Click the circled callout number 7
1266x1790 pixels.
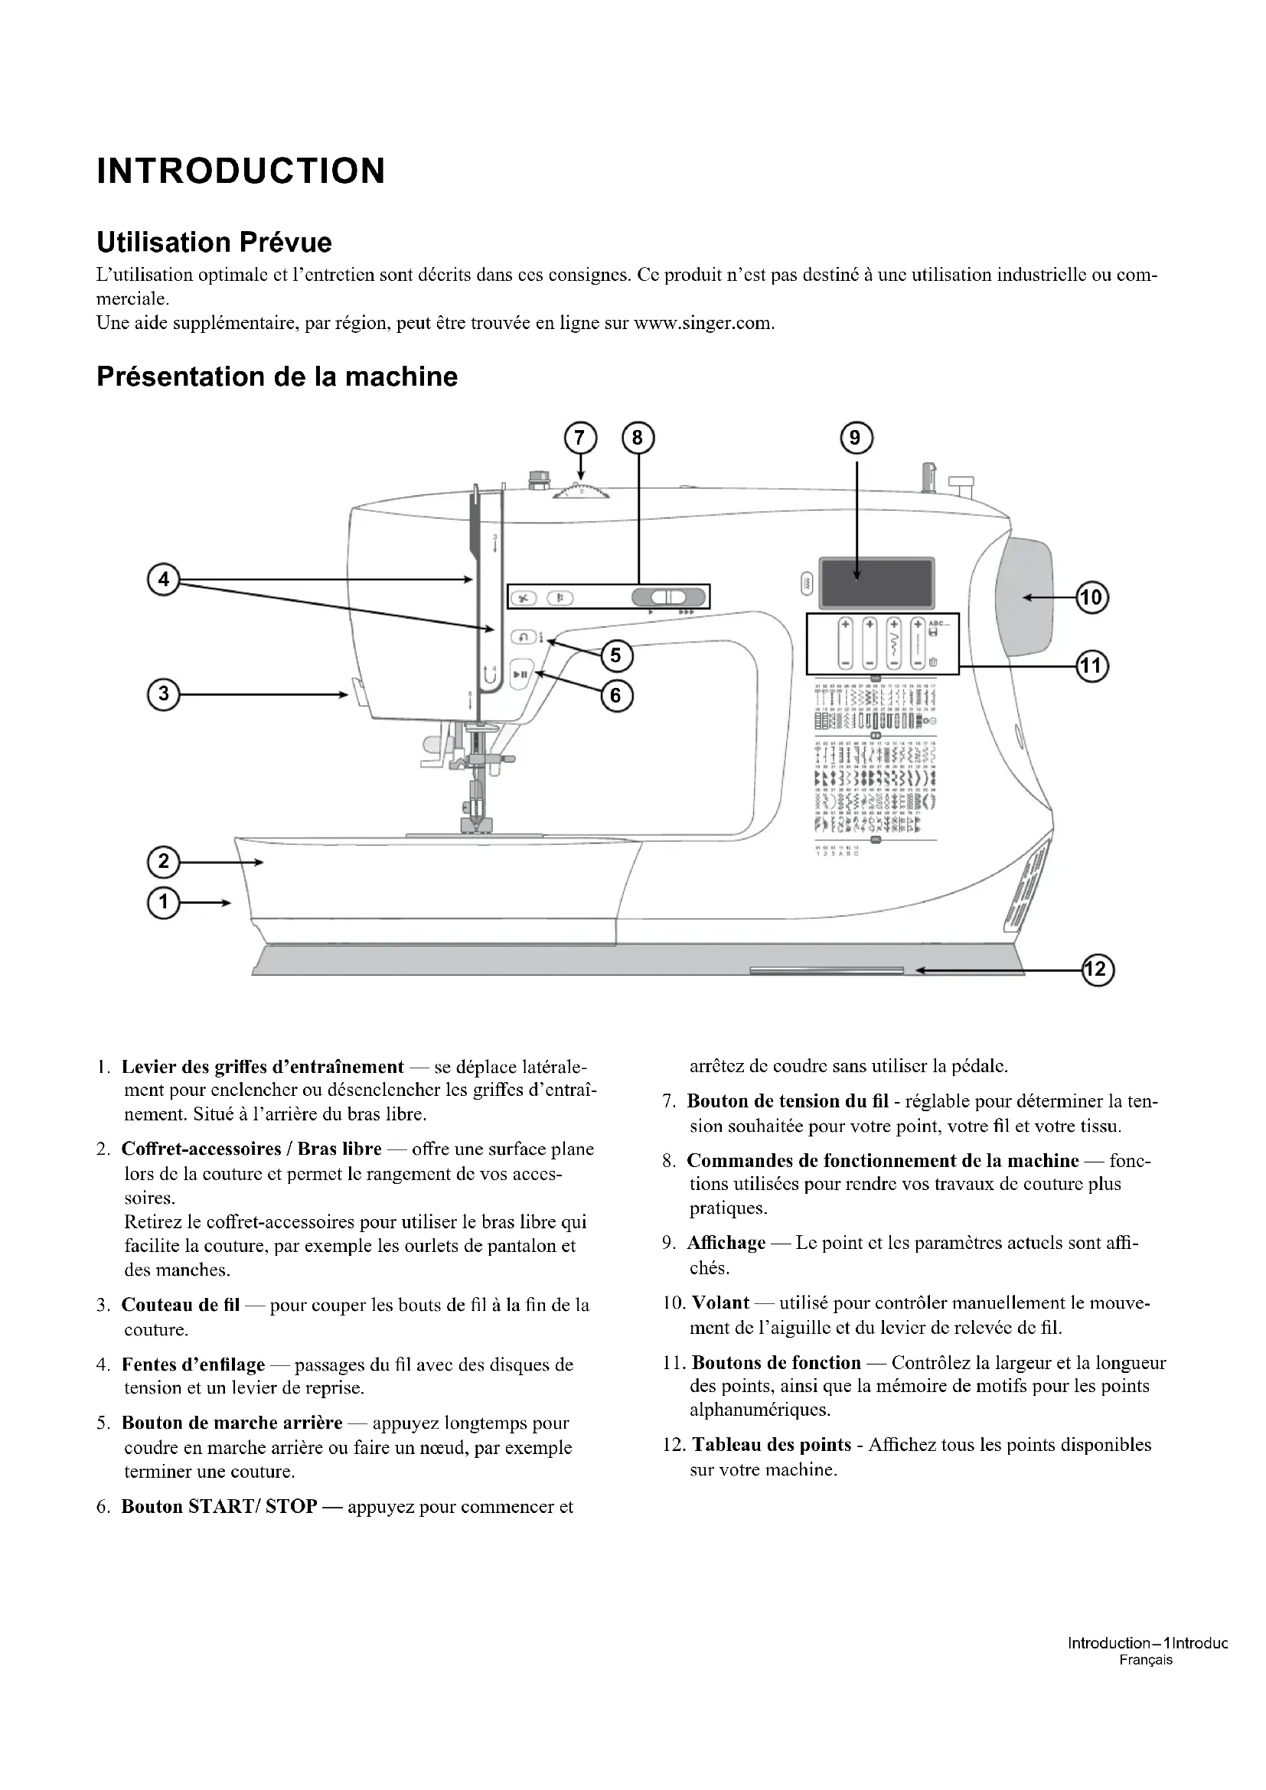(579, 439)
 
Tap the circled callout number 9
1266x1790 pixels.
(856, 439)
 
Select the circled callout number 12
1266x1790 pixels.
(1097, 970)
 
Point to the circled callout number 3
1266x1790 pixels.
(164, 694)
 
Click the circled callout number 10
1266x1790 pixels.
(1091, 598)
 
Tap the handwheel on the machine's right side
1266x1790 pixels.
(1024, 596)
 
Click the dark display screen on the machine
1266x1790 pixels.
(876, 582)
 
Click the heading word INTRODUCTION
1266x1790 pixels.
(241, 171)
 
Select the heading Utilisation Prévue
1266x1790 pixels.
(214, 243)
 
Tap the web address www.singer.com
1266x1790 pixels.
(703, 323)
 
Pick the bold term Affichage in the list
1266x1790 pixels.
(726, 1243)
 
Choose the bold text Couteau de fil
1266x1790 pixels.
(180, 1305)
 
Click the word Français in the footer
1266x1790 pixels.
(1145, 1660)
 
